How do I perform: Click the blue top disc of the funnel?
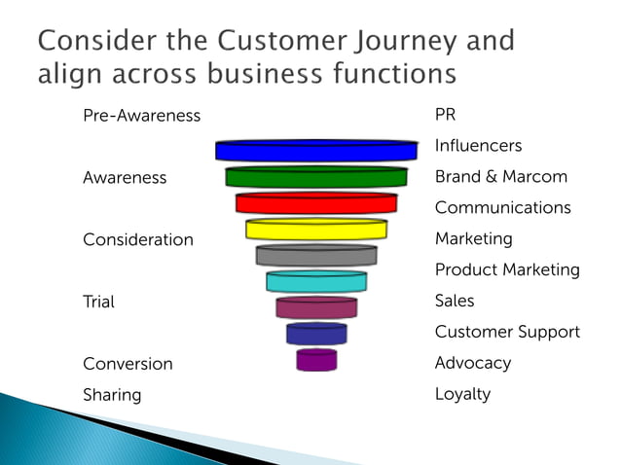[316, 151]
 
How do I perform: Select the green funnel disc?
[316, 177]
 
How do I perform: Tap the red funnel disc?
[316, 203]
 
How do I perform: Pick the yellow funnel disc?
[316, 230]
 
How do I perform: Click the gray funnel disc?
[316, 256]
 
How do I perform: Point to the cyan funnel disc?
[316, 282]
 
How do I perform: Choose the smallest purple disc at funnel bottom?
[316, 360]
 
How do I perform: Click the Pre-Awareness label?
[141, 116]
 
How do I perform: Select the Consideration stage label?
[138, 239]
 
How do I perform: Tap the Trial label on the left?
[98, 302]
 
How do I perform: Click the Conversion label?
[128, 364]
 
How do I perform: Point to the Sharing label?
[112, 395]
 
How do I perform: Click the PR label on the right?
[445, 115]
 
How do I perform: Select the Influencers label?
[478, 146]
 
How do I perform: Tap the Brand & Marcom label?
[500, 177]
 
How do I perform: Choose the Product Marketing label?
[506, 269]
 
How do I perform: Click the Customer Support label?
[506, 332]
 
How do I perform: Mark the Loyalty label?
[462, 394]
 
